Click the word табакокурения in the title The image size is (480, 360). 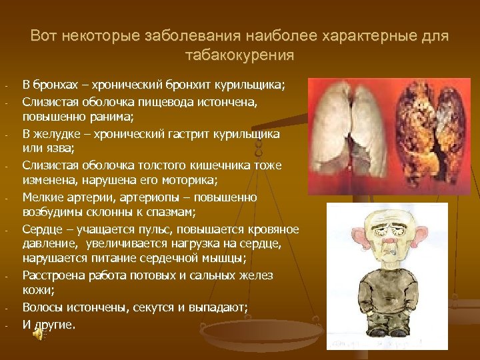(239, 55)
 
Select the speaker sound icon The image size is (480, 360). (39, 336)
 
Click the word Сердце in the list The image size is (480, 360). (41, 229)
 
